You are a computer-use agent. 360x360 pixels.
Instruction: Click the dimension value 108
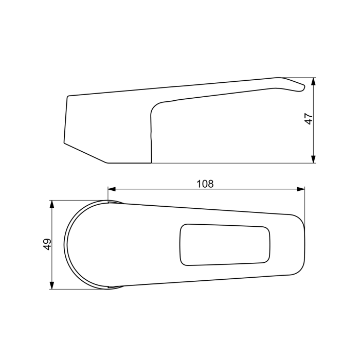[205, 184]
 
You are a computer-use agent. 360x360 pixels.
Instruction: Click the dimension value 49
[47, 244]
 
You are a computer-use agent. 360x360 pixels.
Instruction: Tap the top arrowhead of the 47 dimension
[313, 81]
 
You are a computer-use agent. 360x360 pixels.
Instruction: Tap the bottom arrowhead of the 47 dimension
[313, 159]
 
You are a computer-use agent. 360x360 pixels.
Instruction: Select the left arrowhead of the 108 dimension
[112, 189]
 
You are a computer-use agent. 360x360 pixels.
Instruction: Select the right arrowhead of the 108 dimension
[301, 189]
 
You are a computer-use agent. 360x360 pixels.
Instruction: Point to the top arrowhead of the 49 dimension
[52, 204]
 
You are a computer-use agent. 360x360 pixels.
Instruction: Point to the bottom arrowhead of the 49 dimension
[52, 285]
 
